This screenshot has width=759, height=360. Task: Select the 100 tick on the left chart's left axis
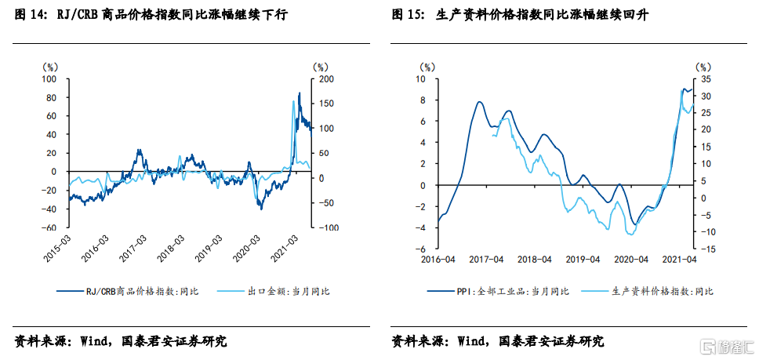[x=49, y=79]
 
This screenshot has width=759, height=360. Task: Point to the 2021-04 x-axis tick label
[x=680, y=258]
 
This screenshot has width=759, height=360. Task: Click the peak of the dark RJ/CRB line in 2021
[x=300, y=93]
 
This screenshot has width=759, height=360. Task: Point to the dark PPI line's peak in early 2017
[x=478, y=102]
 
